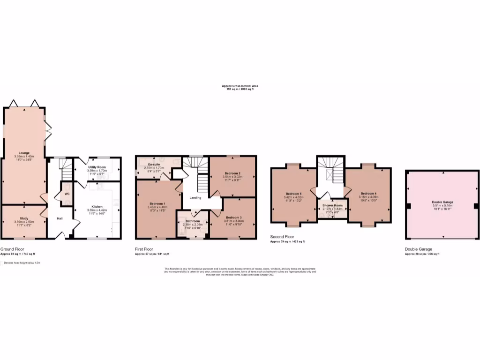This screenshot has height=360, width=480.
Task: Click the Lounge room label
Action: tap(24, 152)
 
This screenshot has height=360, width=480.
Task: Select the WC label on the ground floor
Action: tap(67, 194)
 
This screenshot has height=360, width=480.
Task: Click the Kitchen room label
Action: tap(97, 206)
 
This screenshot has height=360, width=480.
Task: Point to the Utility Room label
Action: tap(97, 167)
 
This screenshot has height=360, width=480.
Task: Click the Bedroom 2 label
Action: tap(232, 173)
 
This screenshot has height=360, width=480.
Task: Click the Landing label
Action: tap(195, 197)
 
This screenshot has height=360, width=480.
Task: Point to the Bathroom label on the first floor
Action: tap(192, 221)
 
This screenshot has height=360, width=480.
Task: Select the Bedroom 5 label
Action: tap(294, 194)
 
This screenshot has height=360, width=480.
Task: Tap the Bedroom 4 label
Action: tap(368, 194)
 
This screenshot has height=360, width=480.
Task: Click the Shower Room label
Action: tap(332, 205)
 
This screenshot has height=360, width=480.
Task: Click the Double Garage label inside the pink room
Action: tap(442, 202)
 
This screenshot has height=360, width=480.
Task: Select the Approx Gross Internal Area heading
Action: tap(240, 86)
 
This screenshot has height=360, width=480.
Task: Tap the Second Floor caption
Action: tap(282, 237)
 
